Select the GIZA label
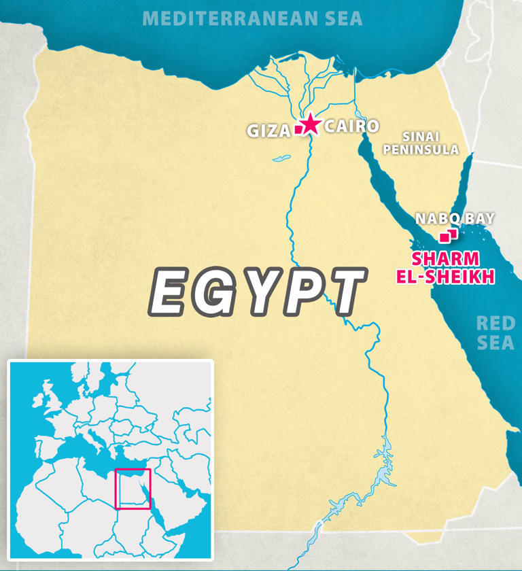pos(268,131)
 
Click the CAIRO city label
pos(351,126)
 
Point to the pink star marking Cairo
pos(310,124)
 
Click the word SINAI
pos(421,136)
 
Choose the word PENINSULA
pos(421,150)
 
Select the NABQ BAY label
pos(455,218)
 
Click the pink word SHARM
pos(445,259)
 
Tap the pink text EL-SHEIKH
pos(445,277)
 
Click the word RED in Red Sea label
pos(495,324)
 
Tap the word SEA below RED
pos(495,343)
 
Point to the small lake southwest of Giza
pos(281,159)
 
